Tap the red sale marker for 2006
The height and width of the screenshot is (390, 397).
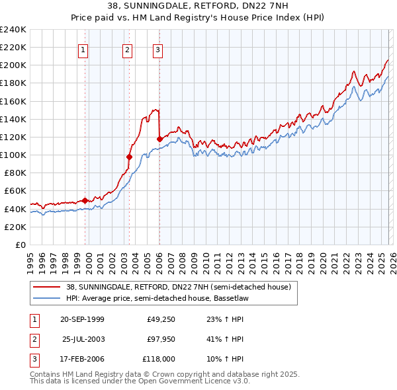coord(159,139)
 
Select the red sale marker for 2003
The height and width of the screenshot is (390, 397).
coord(130,157)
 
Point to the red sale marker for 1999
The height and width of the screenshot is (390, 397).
coord(85,200)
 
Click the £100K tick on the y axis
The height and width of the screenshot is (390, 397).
coord(13,155)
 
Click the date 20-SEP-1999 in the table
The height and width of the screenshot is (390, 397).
coord(82,319)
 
